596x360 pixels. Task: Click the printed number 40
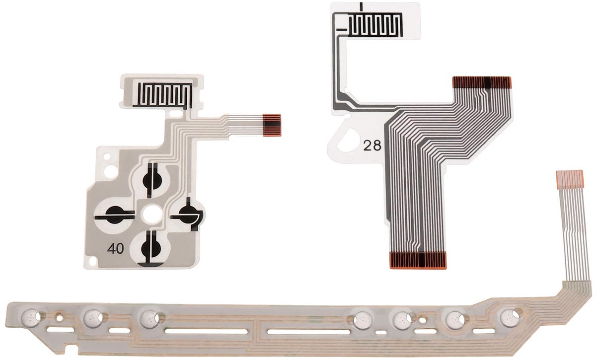tap(115, 248)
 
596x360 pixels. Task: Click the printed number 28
tap(372, 145)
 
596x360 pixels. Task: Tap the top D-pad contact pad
tap(152, 180)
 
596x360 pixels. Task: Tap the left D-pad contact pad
tap(115, 215)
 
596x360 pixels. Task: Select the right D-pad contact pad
tap(188, 214)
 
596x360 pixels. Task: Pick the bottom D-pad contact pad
tap(151, 248)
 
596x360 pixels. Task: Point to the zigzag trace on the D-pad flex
tap(162, 96)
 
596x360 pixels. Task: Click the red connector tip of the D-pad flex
tap(272, 125)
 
